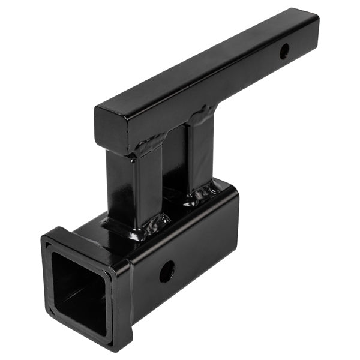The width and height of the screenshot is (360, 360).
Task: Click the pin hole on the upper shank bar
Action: [284, 52]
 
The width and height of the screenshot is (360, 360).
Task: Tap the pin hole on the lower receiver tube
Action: [167, 272]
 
